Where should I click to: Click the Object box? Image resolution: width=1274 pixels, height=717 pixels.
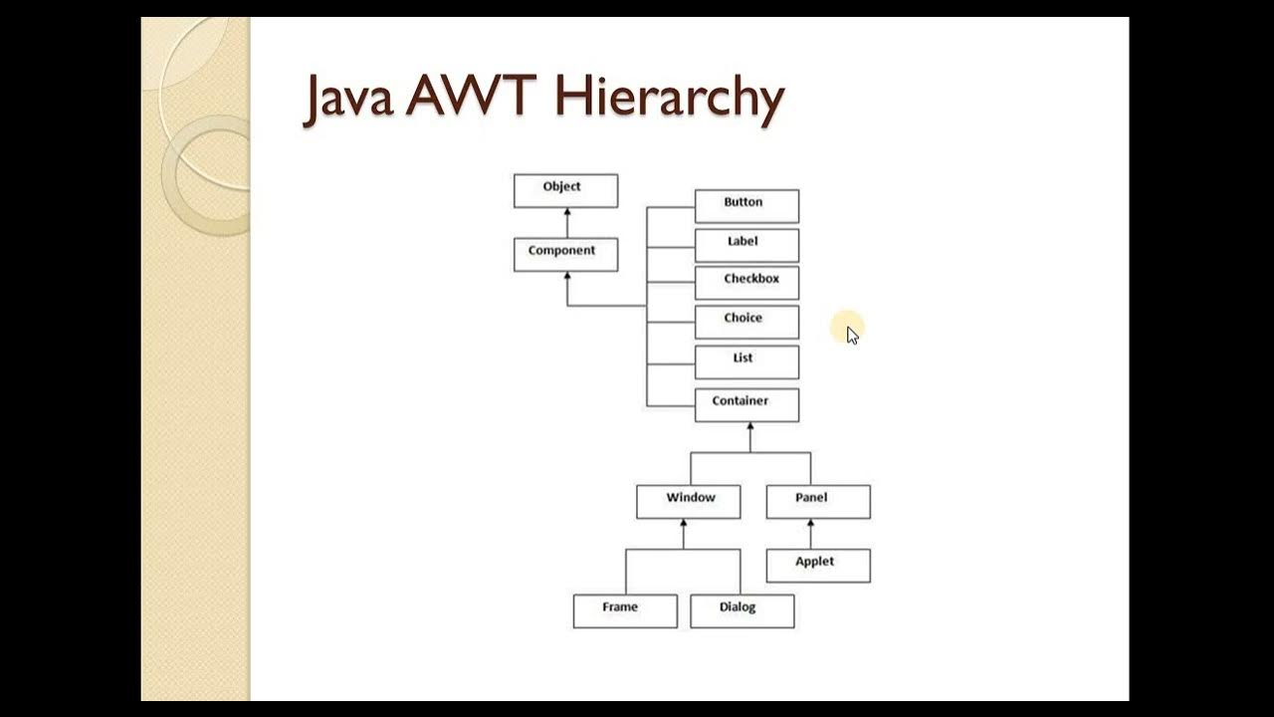[x=565, y=191]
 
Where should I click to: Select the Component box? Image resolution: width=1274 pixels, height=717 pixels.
[x=565, y=254]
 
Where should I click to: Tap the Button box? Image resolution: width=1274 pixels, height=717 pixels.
[x=746, y=206]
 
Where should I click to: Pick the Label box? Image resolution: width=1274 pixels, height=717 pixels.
[x=746, y=245]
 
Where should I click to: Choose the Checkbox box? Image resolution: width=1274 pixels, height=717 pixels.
[x=746, y=283]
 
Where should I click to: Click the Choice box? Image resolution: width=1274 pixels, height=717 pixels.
[x=746, y=322]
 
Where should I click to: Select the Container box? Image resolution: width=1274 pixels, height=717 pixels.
[x=746, y=405]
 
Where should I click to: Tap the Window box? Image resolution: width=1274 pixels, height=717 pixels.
[x=689, y=502]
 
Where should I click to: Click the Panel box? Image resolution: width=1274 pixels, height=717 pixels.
[x=818, y=502]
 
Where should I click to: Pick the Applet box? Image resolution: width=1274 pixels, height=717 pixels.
[x=818, y=566]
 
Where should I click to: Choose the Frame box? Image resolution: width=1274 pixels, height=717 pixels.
[x=625, y=610]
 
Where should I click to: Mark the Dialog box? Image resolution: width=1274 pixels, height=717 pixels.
[x=743, y=610]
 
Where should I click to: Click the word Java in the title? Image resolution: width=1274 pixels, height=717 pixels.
[x=349, y=98]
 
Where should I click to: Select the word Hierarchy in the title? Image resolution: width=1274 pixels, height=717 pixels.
[x=669, y=99]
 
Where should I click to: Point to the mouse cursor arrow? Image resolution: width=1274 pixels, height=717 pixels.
[x=851, y=334]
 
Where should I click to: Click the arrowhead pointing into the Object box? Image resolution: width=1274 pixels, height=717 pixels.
[x=567, y=212]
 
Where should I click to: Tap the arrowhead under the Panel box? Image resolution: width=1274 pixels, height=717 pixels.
[x=811, y=524]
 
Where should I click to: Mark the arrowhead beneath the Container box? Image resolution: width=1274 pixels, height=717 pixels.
[x=750, y=426]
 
